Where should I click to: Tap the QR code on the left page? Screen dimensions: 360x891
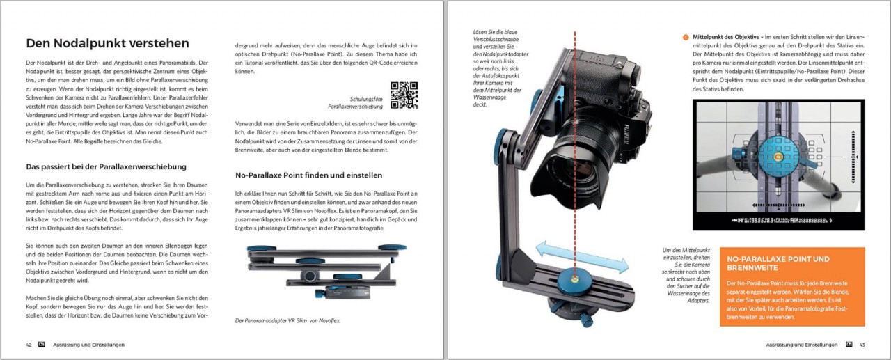point(404,95)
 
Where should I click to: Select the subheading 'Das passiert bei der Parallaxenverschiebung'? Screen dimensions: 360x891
point(106,167)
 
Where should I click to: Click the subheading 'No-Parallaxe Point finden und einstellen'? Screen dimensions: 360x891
point(308,175)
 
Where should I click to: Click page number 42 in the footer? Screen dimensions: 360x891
point(29,344)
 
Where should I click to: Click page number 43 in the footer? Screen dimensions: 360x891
point(862,344)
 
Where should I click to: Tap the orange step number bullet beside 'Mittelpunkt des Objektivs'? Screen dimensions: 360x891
point(685,36)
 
